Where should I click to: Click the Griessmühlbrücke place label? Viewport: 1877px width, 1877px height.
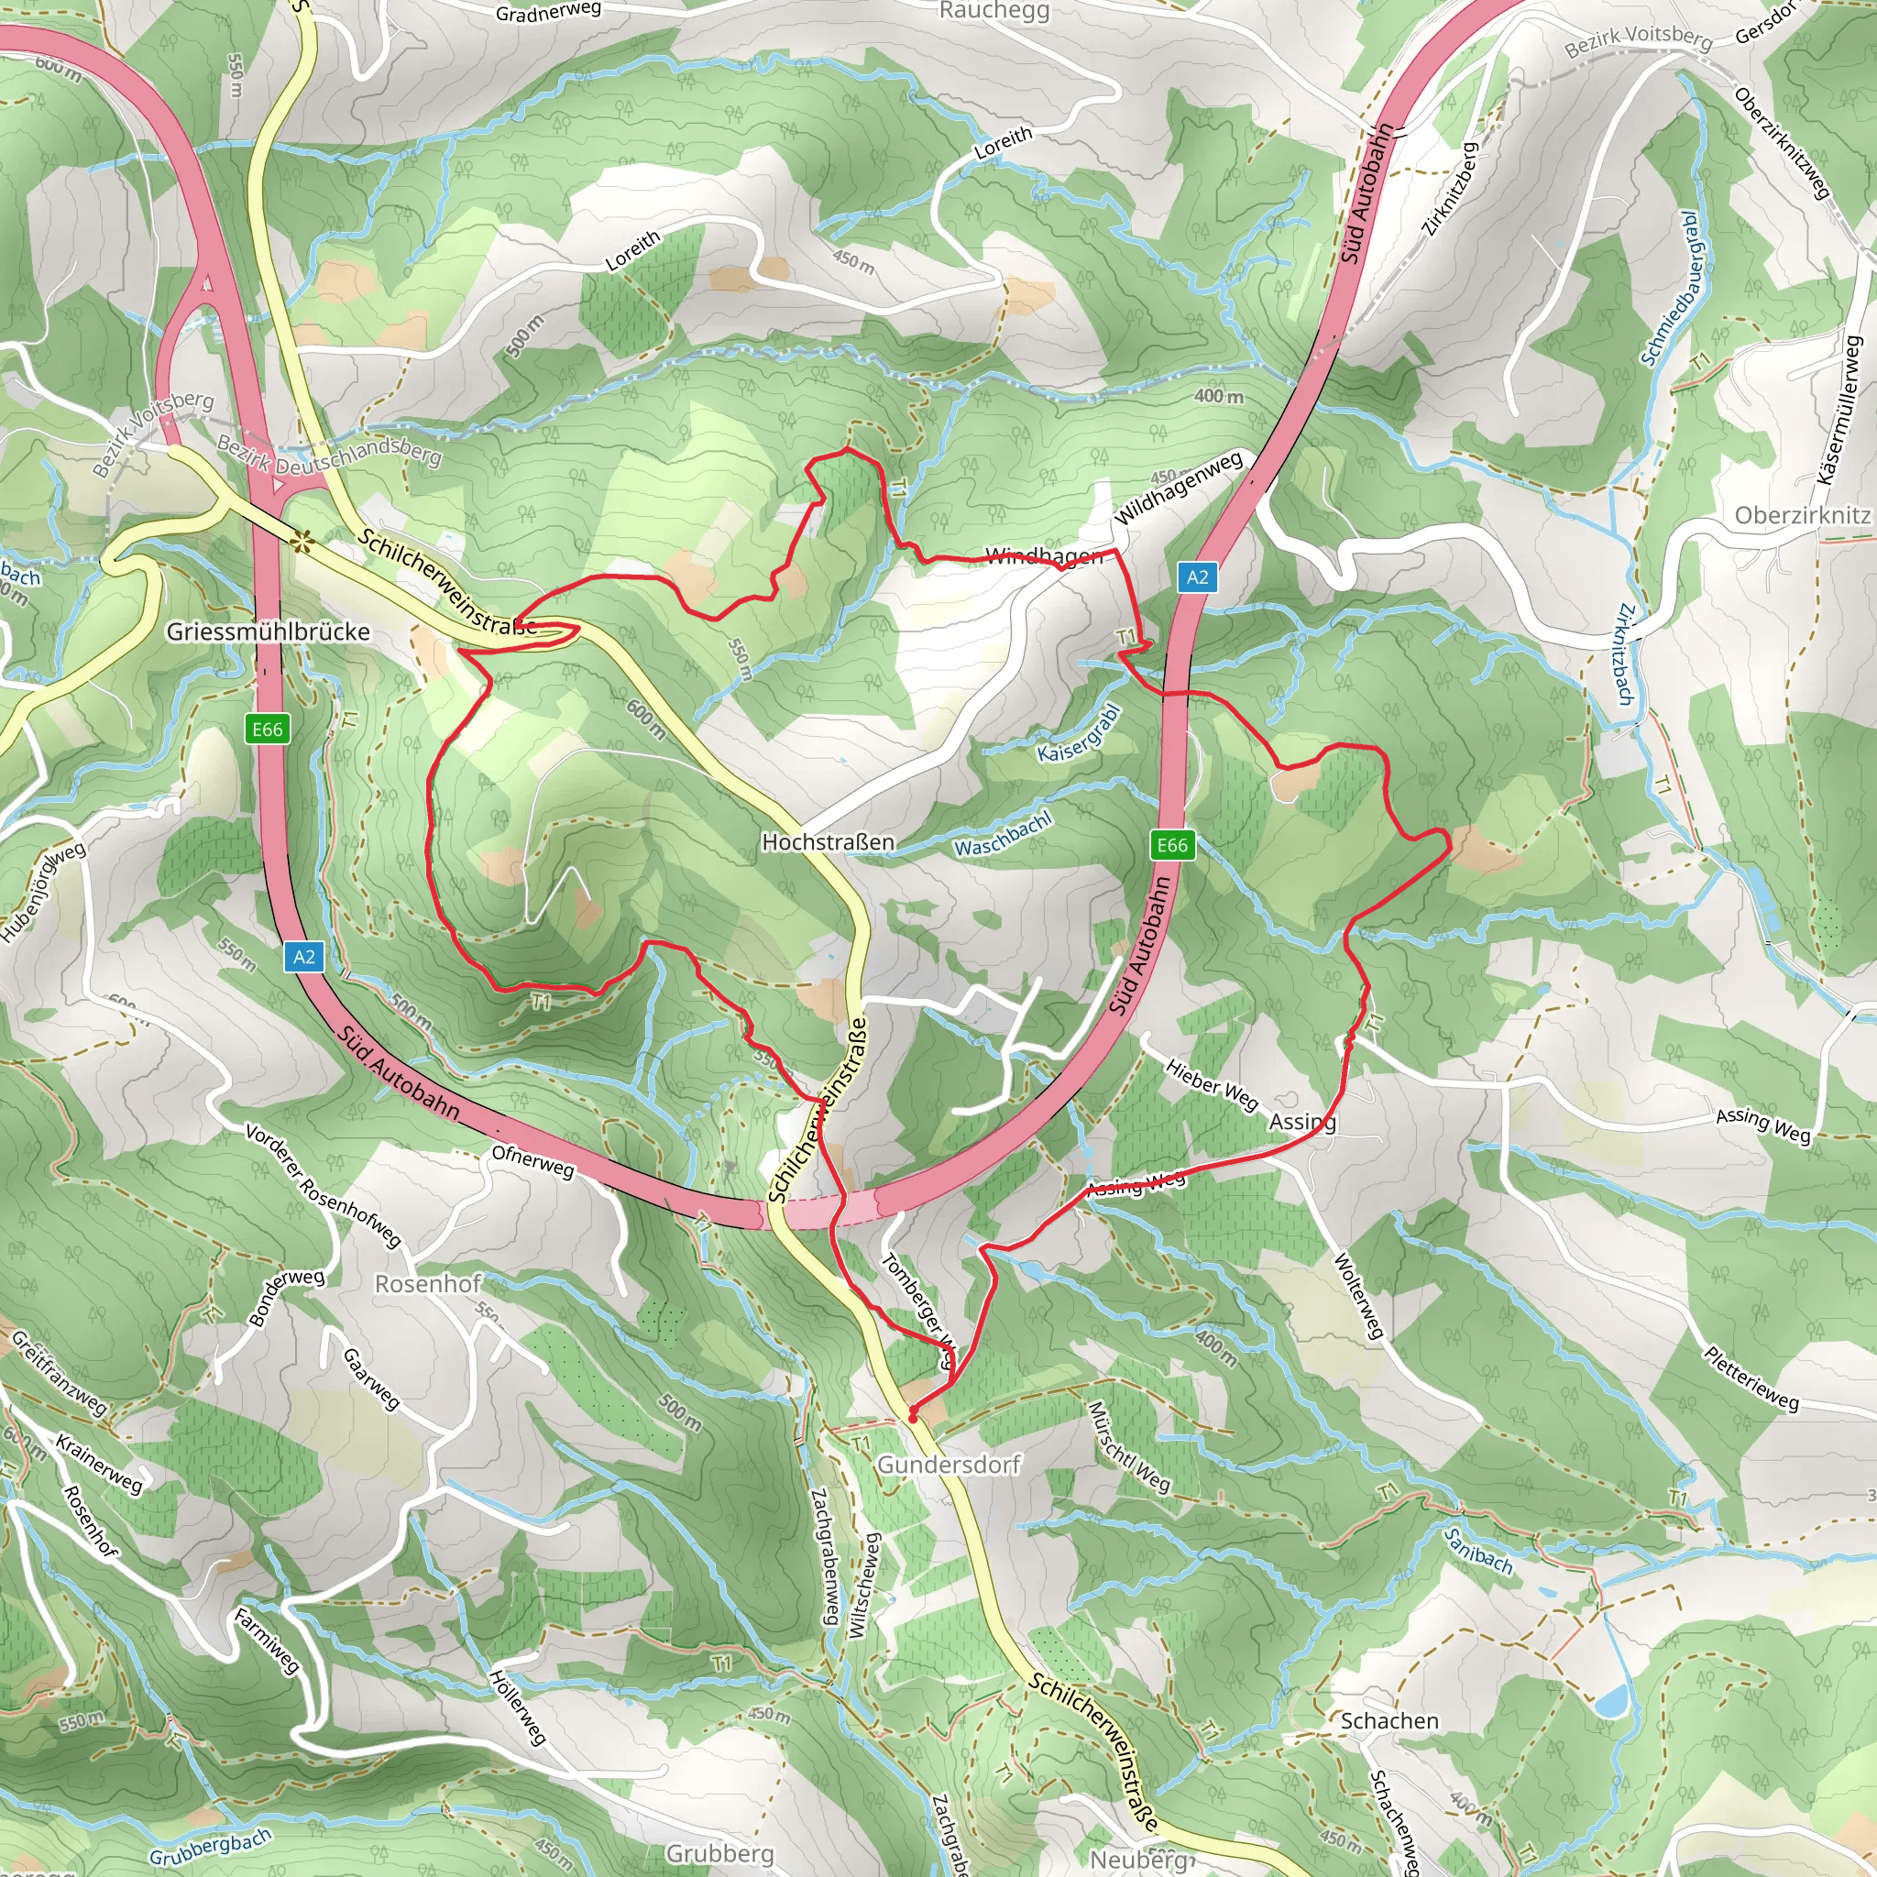tap(269, 632)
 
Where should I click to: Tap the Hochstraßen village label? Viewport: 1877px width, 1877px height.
tap(828, 842)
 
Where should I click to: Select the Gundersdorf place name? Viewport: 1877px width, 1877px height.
tap(949, 1464)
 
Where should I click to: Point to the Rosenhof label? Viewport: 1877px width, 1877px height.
tap(427, 1284)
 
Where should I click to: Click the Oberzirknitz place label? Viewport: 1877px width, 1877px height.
tap(1802, 516)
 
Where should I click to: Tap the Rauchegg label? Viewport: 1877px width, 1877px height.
tap(993, 12)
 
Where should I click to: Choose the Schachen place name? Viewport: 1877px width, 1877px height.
tap(1389, 1720)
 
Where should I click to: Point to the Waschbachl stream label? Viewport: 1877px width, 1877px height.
tap(1004, 835)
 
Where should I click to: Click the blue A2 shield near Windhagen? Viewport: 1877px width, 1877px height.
tap(1198, 577)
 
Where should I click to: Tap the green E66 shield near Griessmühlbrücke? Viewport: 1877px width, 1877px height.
tap(268, 730)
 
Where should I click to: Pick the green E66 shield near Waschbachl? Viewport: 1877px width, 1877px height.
tap(1171, 845)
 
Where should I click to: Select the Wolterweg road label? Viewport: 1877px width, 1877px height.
tap(1357, 1296)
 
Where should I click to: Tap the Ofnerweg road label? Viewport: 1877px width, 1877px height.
tap(532, 1160)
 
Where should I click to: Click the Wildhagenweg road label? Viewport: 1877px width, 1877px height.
tap(1179, 488)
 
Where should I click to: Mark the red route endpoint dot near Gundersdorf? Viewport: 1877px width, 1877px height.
tap(913, 1419)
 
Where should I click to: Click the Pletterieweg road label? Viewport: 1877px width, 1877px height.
tap(1751, 1379)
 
